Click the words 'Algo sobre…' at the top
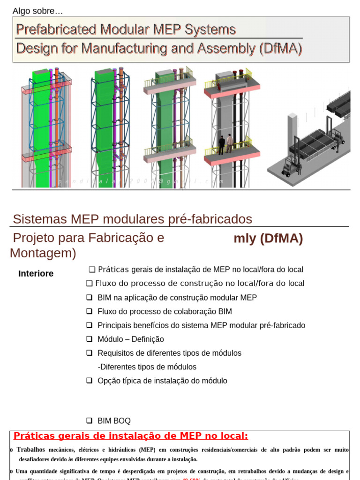pos(37,11)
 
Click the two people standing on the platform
pos(225,144)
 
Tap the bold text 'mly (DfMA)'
pos(268,239)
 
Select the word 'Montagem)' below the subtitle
pos(43,254)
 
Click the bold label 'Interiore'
pos(36,274)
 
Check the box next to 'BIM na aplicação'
pos(90,298)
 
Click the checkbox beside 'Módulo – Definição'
pos(90,339)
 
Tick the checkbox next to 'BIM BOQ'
pos(90,421)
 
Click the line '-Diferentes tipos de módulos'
pos(147,367)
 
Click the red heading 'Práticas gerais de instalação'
pos(130,436)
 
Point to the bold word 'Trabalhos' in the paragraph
pos(31,450)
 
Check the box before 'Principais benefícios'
pos(90,325)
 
